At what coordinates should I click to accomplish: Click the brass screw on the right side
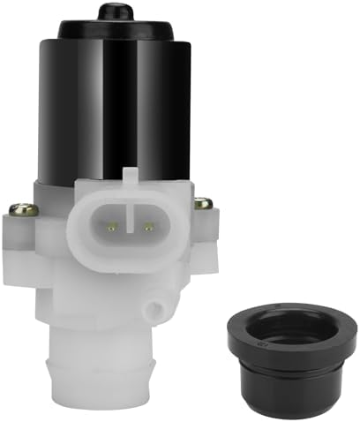204,203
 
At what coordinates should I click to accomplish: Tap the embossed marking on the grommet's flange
254,334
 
